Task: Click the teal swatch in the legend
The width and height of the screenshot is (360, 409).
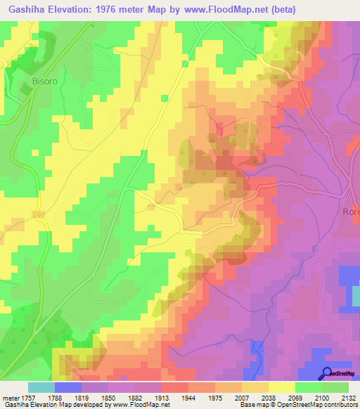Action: [x=41, y=387]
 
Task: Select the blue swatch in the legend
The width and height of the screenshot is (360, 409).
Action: [x=68, y=387]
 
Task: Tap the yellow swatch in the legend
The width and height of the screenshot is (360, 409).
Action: [x=282, y=387]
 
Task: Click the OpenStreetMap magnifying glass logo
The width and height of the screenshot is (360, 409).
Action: [x=328, y=373]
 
